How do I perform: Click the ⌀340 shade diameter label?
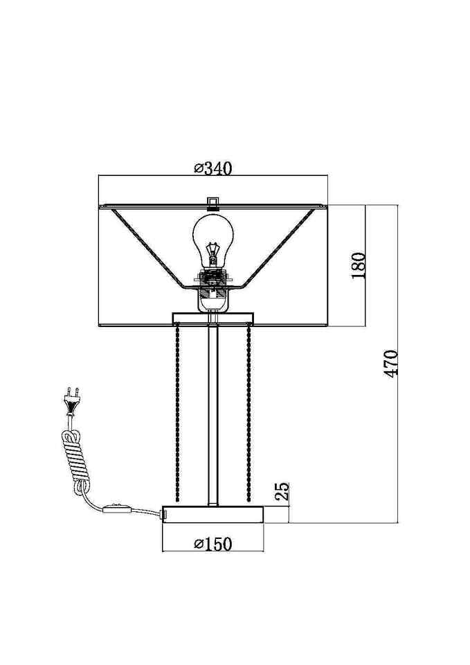point(213,168)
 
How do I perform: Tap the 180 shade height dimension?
point(358,265)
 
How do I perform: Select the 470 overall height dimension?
point(391,364)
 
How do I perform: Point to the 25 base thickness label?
point(282,492)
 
